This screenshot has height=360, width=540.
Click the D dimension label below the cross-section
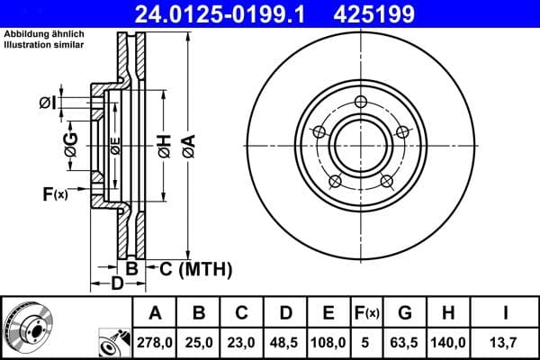tap(117, 285)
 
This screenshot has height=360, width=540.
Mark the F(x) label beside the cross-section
tap(54, 193)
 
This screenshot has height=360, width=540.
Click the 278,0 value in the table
tap(155, 342)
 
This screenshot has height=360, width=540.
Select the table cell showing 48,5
tap(285, 342)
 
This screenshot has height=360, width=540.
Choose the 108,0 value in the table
tap(328, 342)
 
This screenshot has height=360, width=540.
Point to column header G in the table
tap(404, 313)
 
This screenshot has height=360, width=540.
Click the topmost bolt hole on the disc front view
tap(361, 102)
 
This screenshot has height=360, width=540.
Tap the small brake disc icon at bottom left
tap(27, 328)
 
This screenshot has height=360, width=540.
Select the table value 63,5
tap(404, 342)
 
